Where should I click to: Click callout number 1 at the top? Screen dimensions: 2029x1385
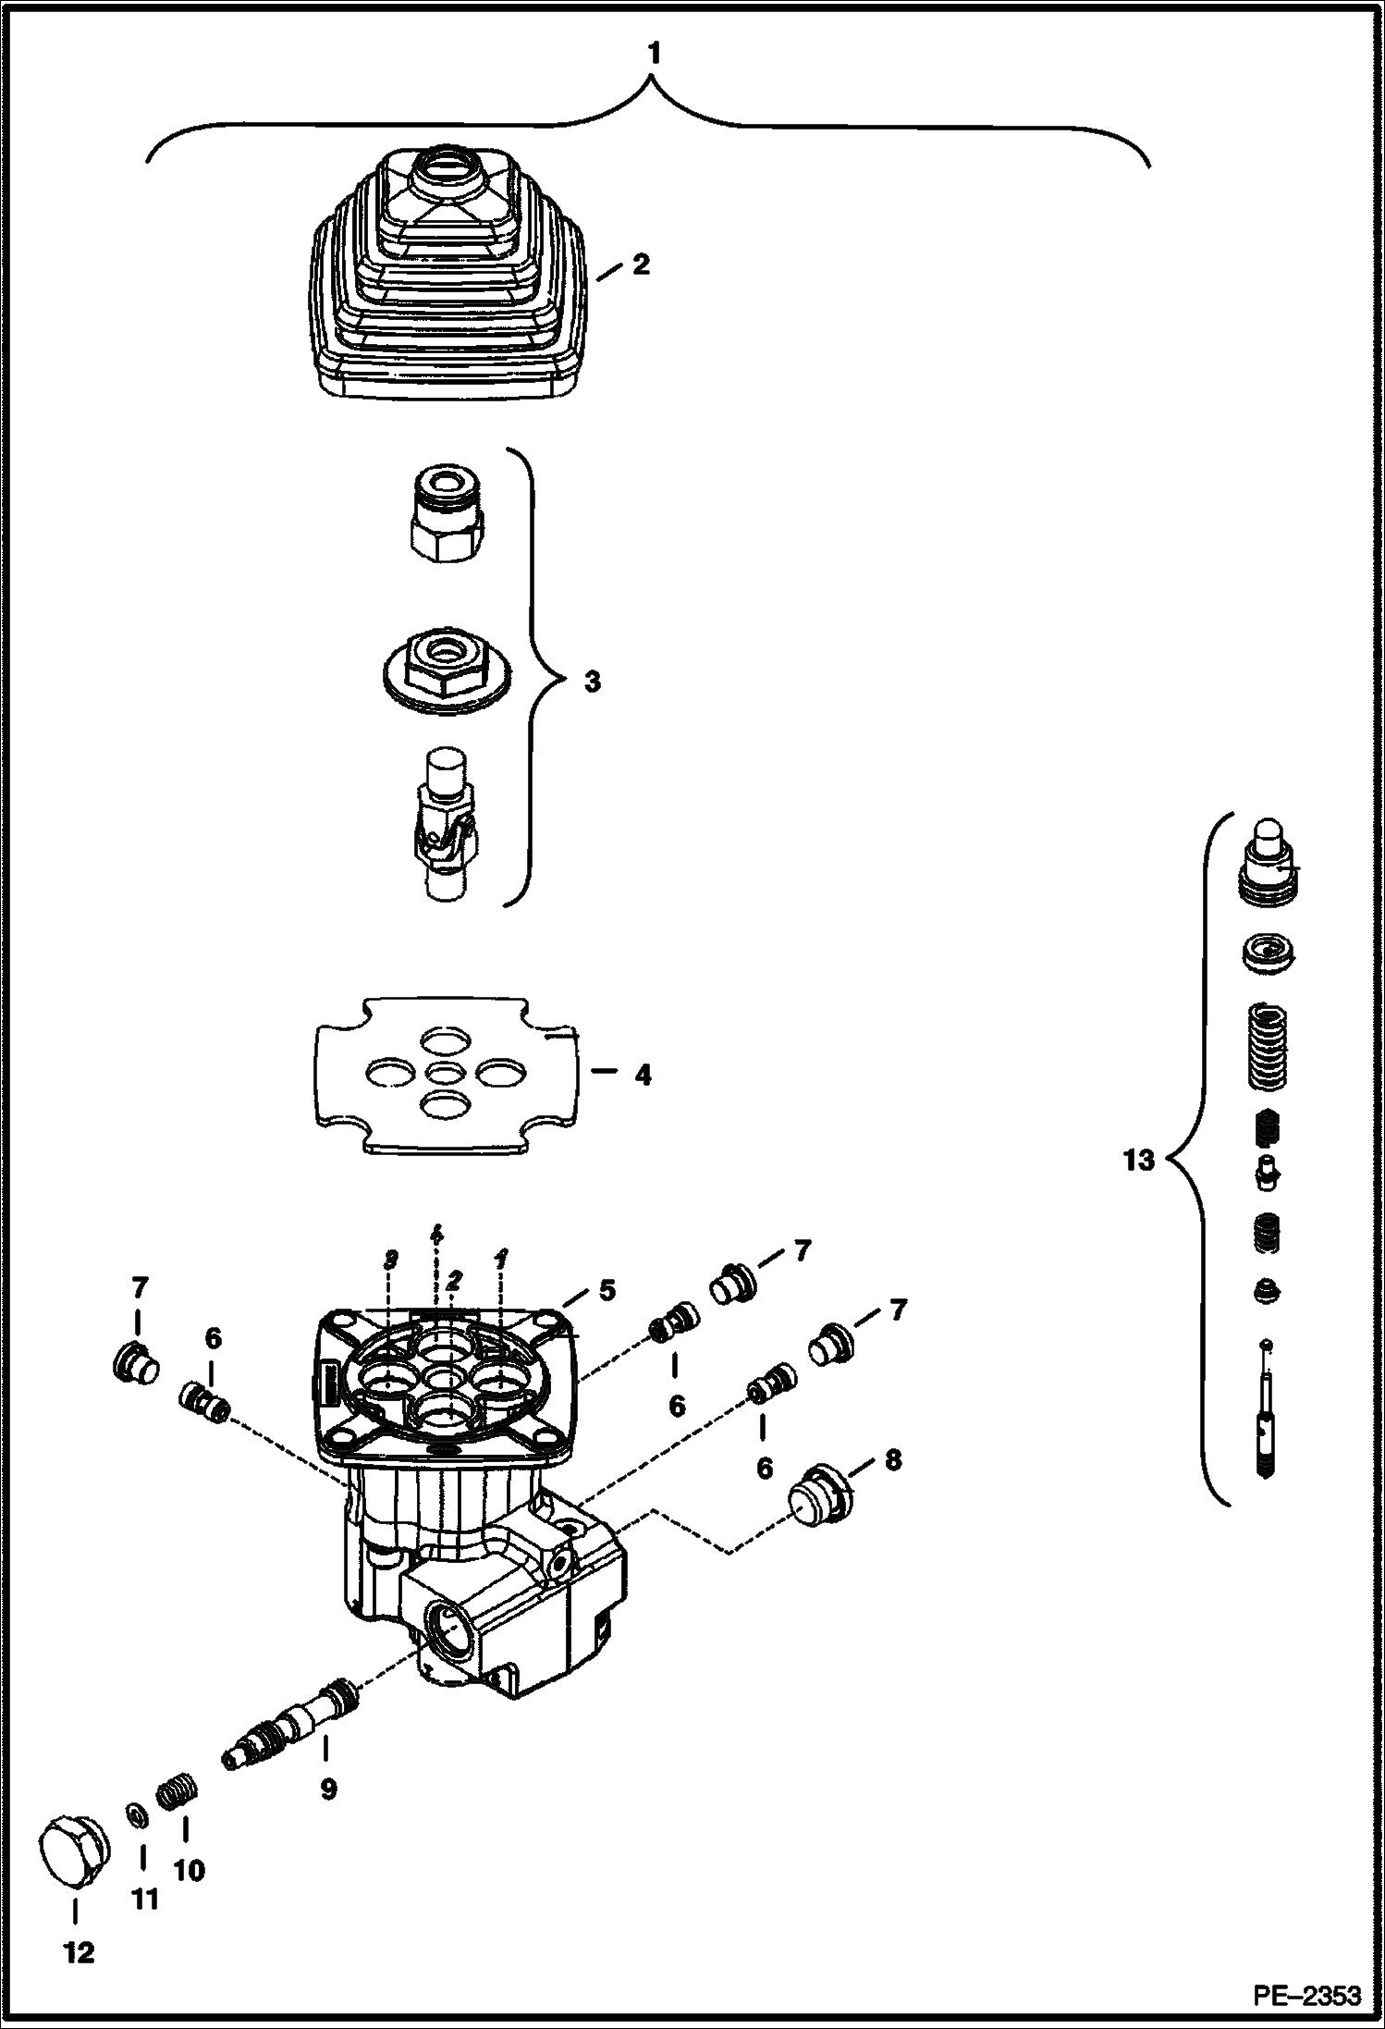pos(654,55)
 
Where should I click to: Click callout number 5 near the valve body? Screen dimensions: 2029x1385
pos(606,1290)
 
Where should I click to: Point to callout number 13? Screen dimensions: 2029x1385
pos(1138,1160)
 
